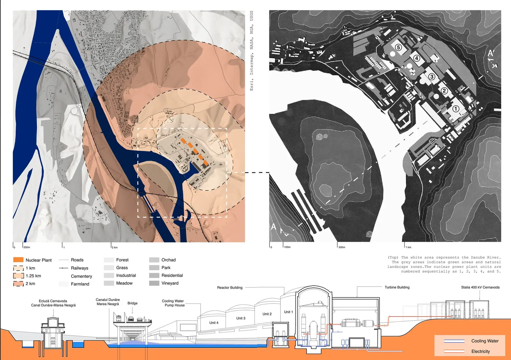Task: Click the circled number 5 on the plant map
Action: click(x=399, y=47)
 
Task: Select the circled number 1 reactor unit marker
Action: click(x=456, y=109)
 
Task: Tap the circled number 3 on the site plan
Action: click(x=432, y=76)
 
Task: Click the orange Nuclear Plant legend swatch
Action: click(x=18, y=260)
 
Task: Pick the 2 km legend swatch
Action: click(x=18, y=283)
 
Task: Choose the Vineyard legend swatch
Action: click(x=154, y=283)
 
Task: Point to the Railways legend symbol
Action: click(x=63, y=268)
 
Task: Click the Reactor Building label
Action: click(x=230, y=287)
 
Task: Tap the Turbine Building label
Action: click(x=397, y=287)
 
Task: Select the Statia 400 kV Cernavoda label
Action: click(x=480, y=287)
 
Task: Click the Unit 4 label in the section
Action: click(x=214, y=323)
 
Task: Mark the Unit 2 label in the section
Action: click(x=267, y=314)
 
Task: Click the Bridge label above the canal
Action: click(x=132, y=303)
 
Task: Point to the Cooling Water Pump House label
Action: click(x=173, y=303)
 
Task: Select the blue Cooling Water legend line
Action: click(x=454, y=341)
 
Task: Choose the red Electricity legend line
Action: click(x=454, y=351)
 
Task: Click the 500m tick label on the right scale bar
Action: click(x=342, y=247)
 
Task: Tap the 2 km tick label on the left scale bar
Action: click(x=115, y=247)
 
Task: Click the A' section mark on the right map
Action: click(x=491, y=53)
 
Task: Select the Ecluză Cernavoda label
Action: click(x=53, y=301)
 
